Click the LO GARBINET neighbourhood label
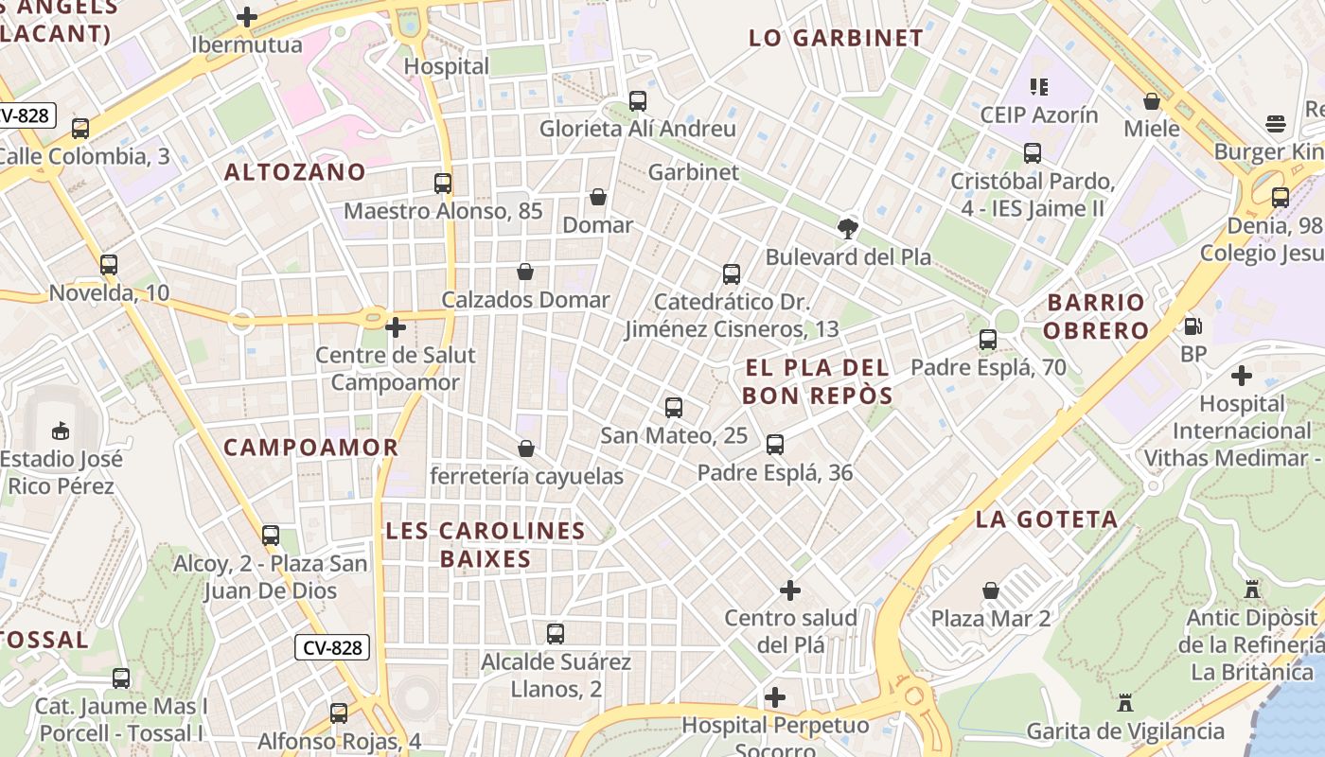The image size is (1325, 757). pyautogui.click(x=836, y=38)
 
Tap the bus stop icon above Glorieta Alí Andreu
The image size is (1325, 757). pyautogui.click(x=638, y=101)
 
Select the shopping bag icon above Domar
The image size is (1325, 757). pyautogui.click(x=598, y=197)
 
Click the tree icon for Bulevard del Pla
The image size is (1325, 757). pyautogui.click(x=848, y=228)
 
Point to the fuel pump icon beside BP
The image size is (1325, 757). pyautogui.click(x=1193, y=326)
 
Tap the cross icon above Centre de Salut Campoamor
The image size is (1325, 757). pyautogui.click(x=396, y=328)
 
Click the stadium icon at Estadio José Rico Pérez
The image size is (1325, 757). pyautogui.click(x=61, y=431)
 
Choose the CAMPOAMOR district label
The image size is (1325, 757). pyautogui.click(x=310, y=448)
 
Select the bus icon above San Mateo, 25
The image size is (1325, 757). pyautogui.click(x=674, y=408)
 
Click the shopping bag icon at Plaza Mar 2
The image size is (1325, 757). pyautogui.click(x=991, y=590)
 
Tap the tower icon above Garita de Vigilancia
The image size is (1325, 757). pyautogui.click(x=1125, y=703)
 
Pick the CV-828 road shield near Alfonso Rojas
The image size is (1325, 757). pyautogui.click(x=331, y=647)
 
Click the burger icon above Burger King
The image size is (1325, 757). pyautogui.click(x=1276, y=124)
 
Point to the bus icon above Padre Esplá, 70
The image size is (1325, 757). pyautogui.click(x=988, y=339)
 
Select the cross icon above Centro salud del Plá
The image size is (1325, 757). pyautogui.click(x=790, y=590)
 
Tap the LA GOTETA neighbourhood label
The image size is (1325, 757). pyautogui.click(x=1047, y=519)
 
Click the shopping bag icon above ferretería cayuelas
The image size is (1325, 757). pyautogui.click(x=526, y=448)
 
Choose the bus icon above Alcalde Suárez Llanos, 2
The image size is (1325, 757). pyautogui.click(x=556, y=633)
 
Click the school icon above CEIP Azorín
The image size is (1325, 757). pyautogui.click(x=1039, y=87)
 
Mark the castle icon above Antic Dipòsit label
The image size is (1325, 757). pyautogui.click(x=1252, y=590)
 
